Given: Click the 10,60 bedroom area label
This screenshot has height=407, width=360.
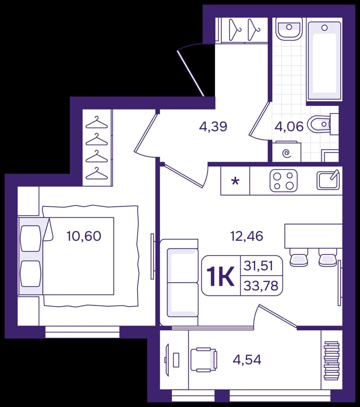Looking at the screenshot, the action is (84, 236).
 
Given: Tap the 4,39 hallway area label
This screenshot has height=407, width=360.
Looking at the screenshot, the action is (213, 127).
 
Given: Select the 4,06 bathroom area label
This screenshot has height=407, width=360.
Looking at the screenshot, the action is (289, 127).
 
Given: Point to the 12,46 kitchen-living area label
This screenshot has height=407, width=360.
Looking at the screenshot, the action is (247, 236).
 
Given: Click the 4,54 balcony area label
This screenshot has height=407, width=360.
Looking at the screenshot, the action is (247, 360).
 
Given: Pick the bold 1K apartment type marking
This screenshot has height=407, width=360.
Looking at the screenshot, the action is (221, 277).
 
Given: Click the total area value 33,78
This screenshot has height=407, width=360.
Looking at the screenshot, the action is (261, 286).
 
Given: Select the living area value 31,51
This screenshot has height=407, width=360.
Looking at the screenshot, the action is (259, 266).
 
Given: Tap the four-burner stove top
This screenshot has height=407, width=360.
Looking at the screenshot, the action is (284, 181).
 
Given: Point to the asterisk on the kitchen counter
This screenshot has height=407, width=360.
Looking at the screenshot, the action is (235, 181).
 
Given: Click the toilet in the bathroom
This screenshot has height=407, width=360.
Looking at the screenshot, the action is (319, 124).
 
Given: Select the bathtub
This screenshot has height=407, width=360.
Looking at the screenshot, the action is (324, 61).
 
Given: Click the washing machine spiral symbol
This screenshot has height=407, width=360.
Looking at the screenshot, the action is (287, 154).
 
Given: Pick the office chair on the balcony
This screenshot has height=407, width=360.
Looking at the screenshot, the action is (204, 360).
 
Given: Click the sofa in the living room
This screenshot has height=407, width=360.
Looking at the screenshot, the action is (179, 282).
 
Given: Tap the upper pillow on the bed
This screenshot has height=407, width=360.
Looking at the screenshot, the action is (31, 238).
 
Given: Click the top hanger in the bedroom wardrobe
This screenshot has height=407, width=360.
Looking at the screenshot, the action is (96, 122).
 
